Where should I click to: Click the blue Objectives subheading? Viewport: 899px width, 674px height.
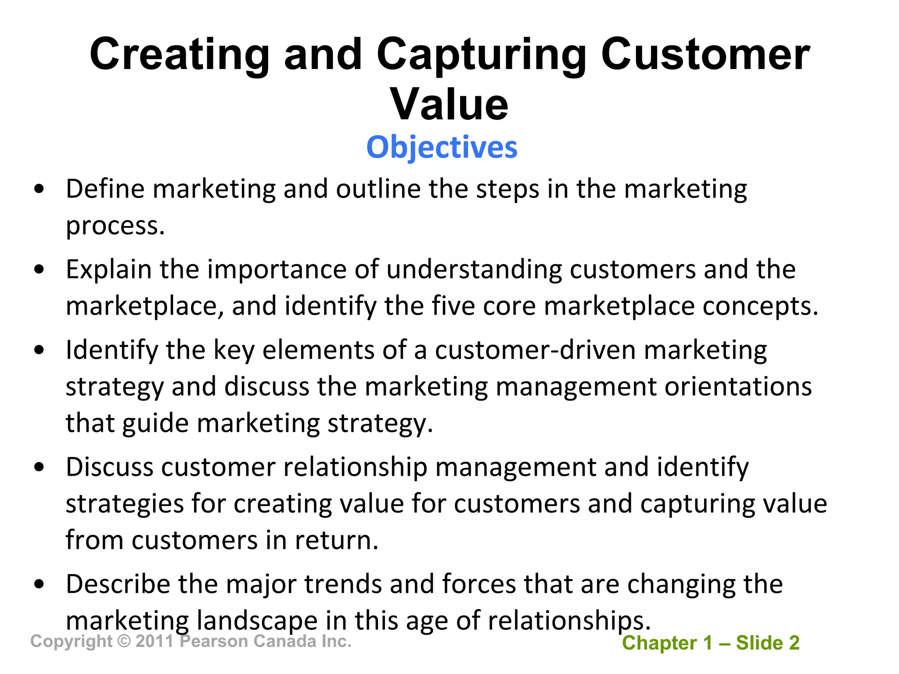pyautogui.click(x=442, y=147)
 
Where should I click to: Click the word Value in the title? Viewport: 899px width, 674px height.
pyautogui.click(x=449, y=104)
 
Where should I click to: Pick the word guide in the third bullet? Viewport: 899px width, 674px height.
pyautogui.click(x=155, y=424)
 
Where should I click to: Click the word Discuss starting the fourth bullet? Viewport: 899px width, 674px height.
pyautogui.click(x=109, y=466)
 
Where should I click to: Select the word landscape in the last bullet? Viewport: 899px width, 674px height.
pyautogui.click(x=257, y=621)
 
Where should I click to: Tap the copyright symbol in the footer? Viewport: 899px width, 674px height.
pyautogui.click(x=124, y=641)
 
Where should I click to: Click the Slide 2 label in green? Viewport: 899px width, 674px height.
pyautogui.click(x=768, y=643)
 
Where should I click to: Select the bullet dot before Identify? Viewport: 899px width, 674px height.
pyautogui.click(x=40, y=350)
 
